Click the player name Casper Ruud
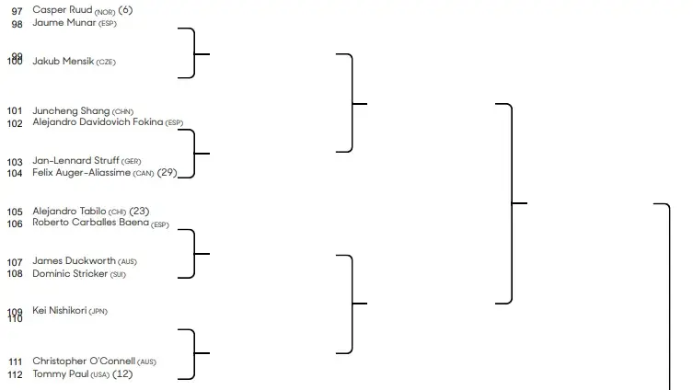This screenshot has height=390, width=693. click(62, 9)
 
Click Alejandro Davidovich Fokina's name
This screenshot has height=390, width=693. click(98, 121)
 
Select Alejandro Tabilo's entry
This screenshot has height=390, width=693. click(69, 211)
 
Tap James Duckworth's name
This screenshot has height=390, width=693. click(74, 260)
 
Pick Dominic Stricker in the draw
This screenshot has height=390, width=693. click(69, 273)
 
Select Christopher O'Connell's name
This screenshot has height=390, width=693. click(84, 361)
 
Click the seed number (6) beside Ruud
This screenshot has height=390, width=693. click(126, 9)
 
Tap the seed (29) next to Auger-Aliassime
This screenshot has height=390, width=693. click(167, 172)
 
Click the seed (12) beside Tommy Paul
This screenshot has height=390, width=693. click(122, 374)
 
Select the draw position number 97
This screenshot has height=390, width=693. click(16, 10)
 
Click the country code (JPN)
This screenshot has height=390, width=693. click(98, 312)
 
